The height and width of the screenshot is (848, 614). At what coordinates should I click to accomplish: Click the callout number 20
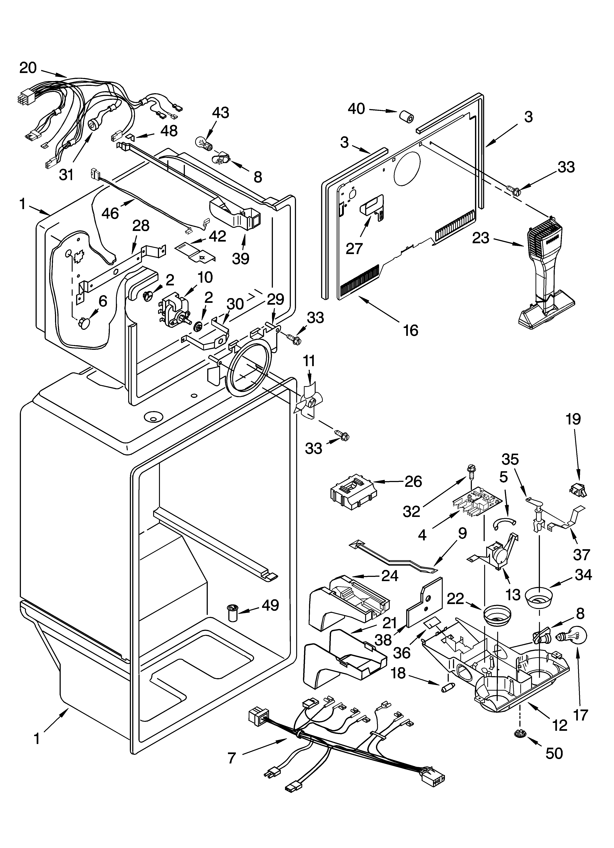pos(28,68)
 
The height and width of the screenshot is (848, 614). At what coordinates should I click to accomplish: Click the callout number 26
pos(413,482)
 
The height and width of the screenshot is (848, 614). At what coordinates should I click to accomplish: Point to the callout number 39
pos(240,258)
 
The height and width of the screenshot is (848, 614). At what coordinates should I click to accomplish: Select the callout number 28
pos(141,225)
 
